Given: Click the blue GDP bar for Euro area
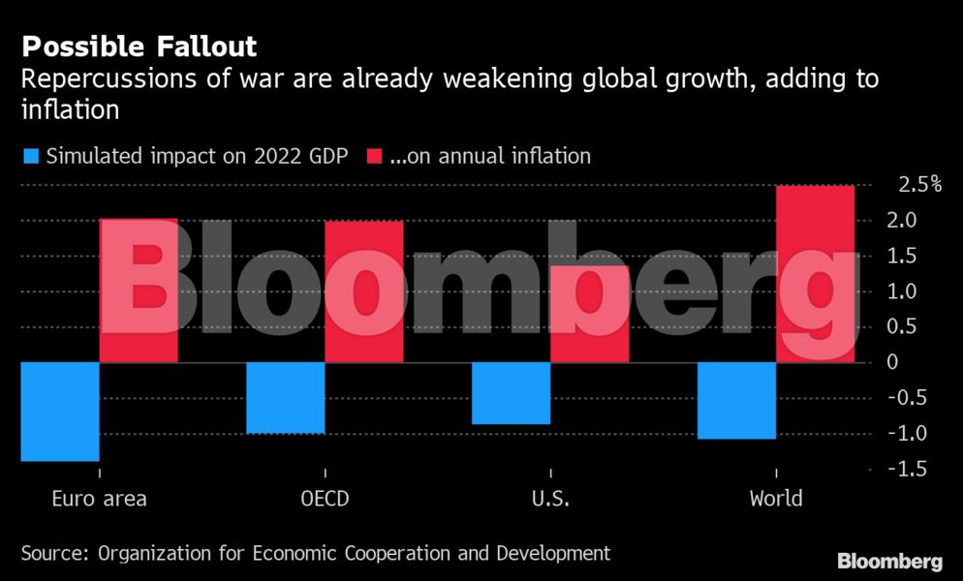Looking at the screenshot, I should tap(60, 412).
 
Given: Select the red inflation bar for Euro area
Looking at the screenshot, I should tap(139, 290).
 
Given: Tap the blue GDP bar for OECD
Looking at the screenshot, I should tap(286, 398).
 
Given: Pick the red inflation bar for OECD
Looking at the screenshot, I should tap(363, 291).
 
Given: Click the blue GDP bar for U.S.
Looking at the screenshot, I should tap(512, 393).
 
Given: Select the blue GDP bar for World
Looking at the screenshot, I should tap(737, 401).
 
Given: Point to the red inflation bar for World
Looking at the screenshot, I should tap(815, 274).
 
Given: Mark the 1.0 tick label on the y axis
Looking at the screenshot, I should tap(912, 291).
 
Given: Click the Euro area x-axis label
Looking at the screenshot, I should tap(99, 500).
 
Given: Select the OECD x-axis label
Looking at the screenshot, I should tap(325, 500).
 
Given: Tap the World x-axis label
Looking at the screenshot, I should tap(776, 500).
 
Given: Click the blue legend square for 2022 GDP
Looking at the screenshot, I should tap(30, 156).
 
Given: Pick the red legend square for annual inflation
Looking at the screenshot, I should tap(373, 156).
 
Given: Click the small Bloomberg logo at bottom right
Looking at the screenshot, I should tap(889, 561).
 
